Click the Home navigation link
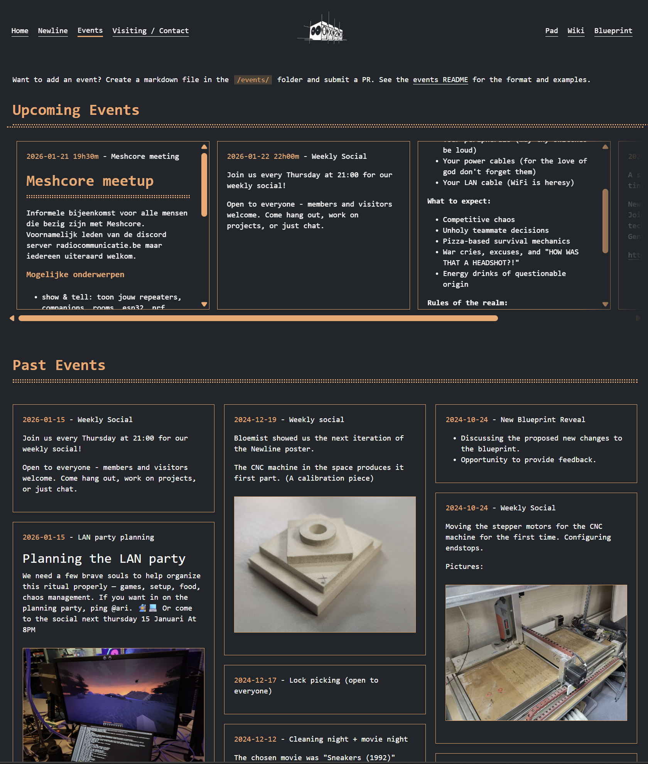point(20,31)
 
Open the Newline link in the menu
point(53,31)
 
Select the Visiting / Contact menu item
point(150,31)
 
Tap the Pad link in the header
point(551,31)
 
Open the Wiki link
point(575,31)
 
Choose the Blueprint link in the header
point(613,31)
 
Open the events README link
point(440,80)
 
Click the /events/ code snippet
point(253,80)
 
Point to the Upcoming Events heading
point(76,110)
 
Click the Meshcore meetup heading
point(90,181)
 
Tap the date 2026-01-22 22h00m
point(263,157)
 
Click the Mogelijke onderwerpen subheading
point(75,274)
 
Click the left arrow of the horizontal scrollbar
point(12,318)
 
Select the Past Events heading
point(59,365)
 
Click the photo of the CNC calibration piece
point(324,564)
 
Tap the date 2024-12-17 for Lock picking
point(255,680)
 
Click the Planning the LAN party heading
point(104,559)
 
